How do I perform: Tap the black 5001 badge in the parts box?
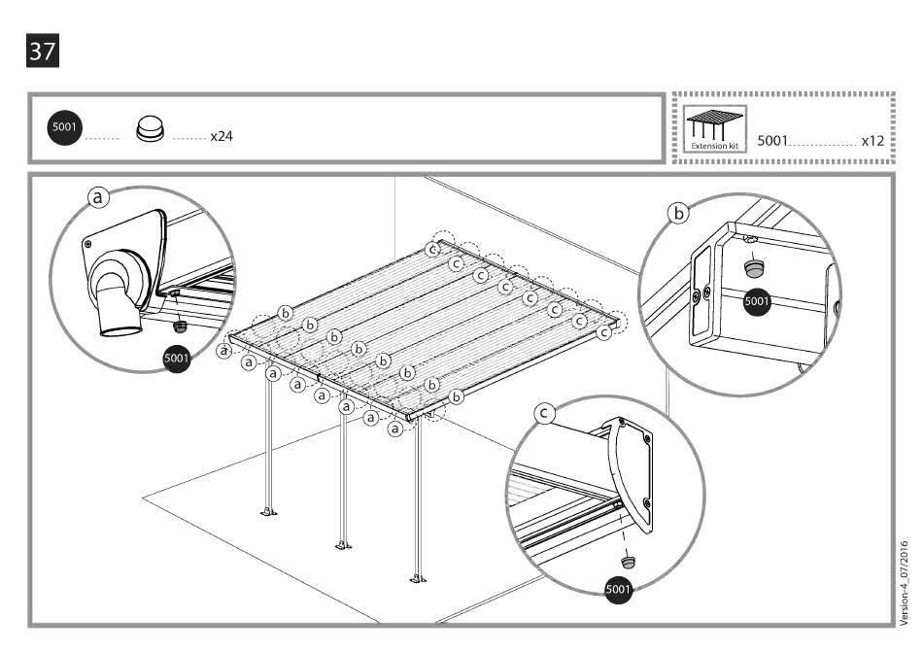66,127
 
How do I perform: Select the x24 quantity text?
221,136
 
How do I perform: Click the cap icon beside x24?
150,128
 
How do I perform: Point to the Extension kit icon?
714,128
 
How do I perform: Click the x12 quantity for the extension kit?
872,141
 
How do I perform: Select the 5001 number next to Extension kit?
772,141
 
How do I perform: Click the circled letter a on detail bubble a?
99,196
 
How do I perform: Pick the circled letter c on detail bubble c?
546,414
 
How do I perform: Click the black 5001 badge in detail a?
177,358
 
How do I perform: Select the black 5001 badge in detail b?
757,301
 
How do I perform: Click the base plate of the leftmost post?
267,511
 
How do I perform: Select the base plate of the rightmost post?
418,579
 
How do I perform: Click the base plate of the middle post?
342,544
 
